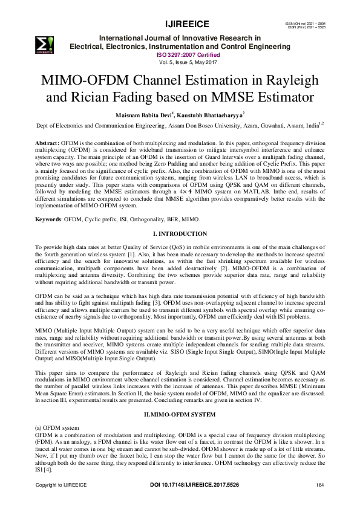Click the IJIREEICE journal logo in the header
point(45,44)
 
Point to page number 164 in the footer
point(320,485)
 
